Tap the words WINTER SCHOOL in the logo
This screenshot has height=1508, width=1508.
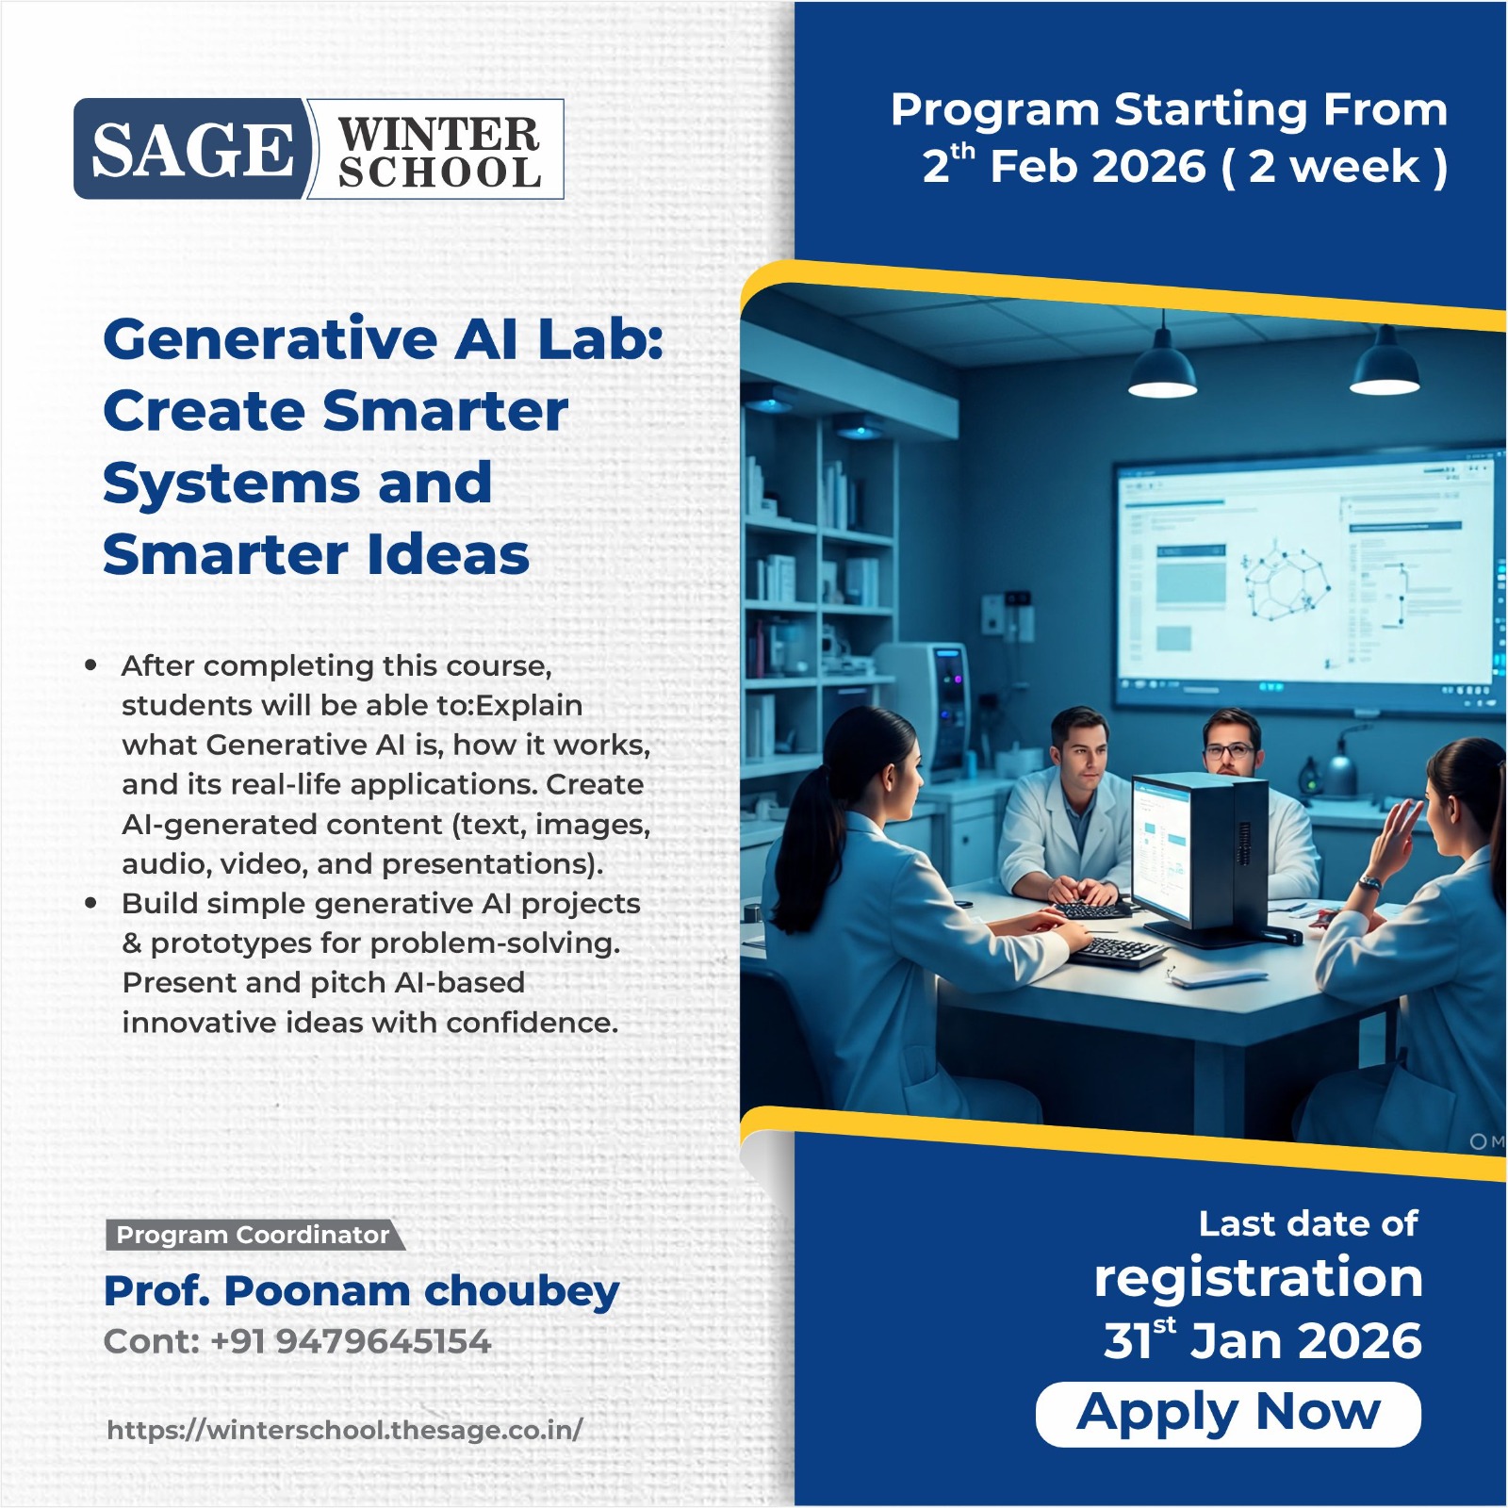pyautogui.click(x=439, y=153)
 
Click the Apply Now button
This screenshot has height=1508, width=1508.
pyautogui.click(x=1228, y=1414)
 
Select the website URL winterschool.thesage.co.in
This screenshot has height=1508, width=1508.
pyautogui.click(x=345, y=1430)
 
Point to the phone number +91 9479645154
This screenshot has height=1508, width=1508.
pyautogui.click(x=351, y=1341)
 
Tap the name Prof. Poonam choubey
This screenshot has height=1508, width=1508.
pyautogui.click(x=362, y=1292)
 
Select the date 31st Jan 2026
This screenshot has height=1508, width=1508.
pyautogui.click(x=1263, y=1339)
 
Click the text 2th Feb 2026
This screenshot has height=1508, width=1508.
pyautogui.click(x=1064, y=165)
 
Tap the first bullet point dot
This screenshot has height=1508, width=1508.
pyautogui.click(x=90, y=665)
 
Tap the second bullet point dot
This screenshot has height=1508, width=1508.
pyautogui.click(x=90, y=903)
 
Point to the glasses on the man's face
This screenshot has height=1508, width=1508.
pyautogui.click(x=1230, y=751)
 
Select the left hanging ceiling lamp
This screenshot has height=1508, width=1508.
pyautogui.click(x=1162, y=364)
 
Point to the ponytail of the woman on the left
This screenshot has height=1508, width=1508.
pyautogui.click(x=810, y=820)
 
